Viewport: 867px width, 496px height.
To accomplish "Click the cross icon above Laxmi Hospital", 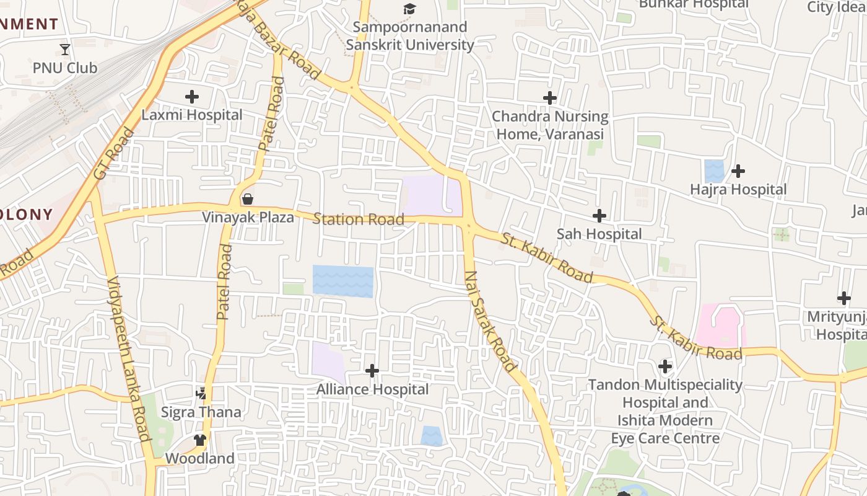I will coord(192,97).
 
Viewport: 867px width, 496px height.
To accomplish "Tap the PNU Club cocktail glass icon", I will coord(65,49).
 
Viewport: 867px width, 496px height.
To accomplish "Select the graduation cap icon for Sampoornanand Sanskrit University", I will coord(409,9).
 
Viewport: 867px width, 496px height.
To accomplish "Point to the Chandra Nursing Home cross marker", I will coord(549,98).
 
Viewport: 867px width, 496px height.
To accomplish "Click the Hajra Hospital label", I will coord(738,189).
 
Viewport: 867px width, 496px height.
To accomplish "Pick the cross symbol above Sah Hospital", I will coord(599,216).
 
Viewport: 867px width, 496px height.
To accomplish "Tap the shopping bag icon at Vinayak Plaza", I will coord(248,199).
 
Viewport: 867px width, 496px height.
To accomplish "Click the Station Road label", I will coord(359,219).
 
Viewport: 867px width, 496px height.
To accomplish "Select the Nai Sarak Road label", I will coord(490,321).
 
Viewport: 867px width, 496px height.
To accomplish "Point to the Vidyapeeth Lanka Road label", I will coord(129,359).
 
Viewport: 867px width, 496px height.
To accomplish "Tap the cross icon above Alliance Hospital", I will coord(372,371).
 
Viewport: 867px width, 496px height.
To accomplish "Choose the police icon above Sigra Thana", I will coord(201,393).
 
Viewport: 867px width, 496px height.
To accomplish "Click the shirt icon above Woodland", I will coord(199,440).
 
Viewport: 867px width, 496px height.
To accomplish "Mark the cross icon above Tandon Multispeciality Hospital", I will coord(664,366).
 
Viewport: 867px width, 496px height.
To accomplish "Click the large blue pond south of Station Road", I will coord(342,281).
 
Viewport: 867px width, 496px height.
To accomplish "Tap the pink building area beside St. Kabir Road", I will coord(720,325).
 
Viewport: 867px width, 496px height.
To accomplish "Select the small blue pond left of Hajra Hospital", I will coord(714,171).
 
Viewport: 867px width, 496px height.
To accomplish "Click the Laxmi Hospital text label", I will coord(192,115).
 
